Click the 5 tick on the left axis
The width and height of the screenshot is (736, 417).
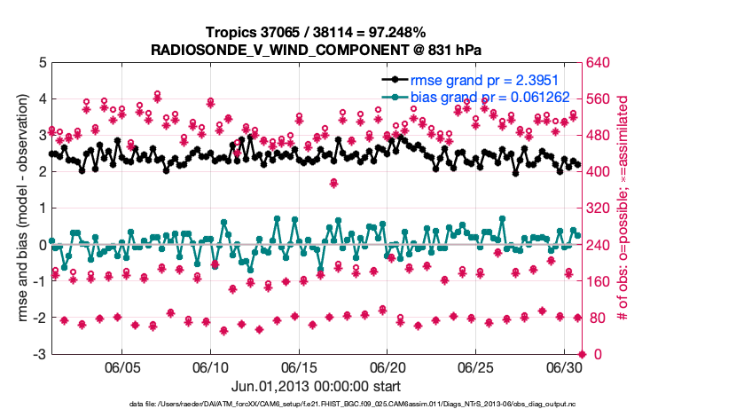[x=43, y=62]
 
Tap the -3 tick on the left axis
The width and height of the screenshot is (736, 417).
[x=41, y=355]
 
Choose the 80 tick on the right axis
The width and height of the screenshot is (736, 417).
[x=595, y=319]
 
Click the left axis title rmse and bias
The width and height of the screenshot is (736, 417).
[x=23, y=208]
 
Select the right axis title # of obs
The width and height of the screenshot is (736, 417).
[x=622, y=208]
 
